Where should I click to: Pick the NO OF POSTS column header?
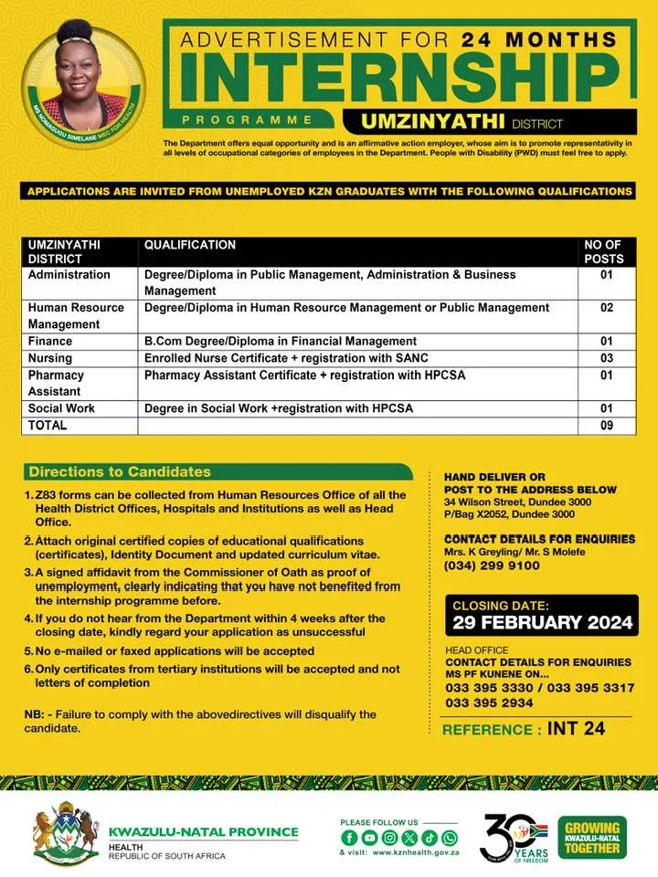pyautogui.click(x=603, y=251)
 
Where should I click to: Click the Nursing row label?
pyautogui.click(x=50, y=358)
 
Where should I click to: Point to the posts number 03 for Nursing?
pyautogui.click(x=606, y=358)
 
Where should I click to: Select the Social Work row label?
pyautogui.click(x=61, y=408)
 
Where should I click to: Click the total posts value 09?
pyautogui.click(x=606, y=425)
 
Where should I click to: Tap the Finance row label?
pyautogui.click(x=49, y=341)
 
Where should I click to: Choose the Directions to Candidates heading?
pyautogui.click(x=120, y=472)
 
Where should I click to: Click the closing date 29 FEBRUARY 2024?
pyautogui.click(x=543, y=623)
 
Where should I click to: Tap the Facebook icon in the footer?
pyautogui.click(x=348, y=837)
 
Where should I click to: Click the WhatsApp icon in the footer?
pyautogui.click(x=449, y=837)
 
